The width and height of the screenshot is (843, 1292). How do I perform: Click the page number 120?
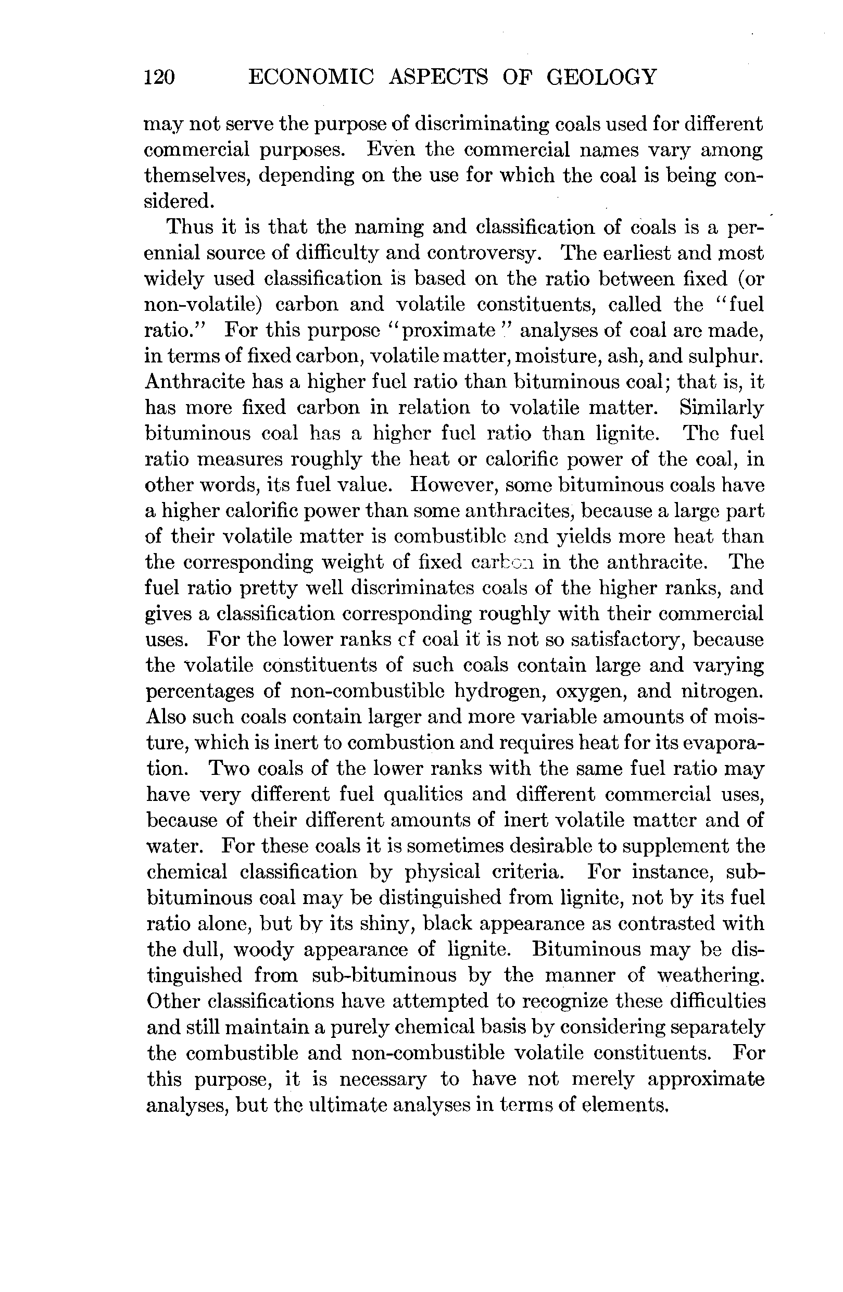pos(159,77)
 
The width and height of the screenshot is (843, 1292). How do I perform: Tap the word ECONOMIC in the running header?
pos(310,77)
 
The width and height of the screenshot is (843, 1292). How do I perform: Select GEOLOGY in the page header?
pos(601,77)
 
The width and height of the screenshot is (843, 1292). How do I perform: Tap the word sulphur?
pos(722,356)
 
